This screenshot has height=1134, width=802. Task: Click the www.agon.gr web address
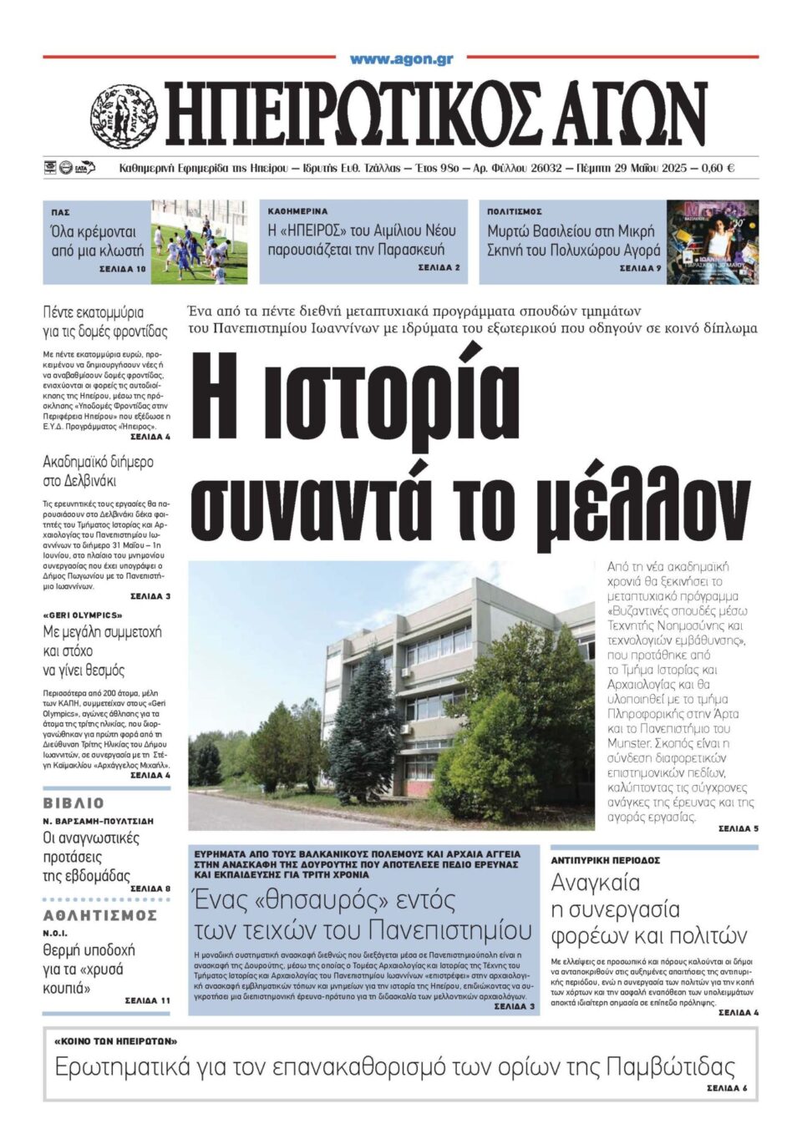(401, 59)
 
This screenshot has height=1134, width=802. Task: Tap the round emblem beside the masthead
(124, 115)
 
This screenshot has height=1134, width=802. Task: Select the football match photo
(199, 242)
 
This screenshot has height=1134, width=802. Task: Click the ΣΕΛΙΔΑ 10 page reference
(122, 269)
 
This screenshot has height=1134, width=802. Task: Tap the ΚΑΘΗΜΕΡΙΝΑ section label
(297, 211)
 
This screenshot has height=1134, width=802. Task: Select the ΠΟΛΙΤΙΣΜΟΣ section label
(515, 212)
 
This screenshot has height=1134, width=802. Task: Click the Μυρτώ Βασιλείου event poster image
(712, 242)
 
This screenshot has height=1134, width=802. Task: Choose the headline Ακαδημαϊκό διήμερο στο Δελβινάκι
(98, 471)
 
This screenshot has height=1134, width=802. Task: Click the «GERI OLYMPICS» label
(82, 615)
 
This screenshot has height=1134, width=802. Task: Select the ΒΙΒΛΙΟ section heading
(74, 803)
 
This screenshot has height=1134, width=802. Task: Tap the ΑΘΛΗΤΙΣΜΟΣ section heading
(99, 915)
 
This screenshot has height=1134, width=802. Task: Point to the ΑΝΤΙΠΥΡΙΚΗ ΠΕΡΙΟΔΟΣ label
(605, 860)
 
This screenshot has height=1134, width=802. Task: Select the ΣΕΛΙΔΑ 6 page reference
(726, 1088)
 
